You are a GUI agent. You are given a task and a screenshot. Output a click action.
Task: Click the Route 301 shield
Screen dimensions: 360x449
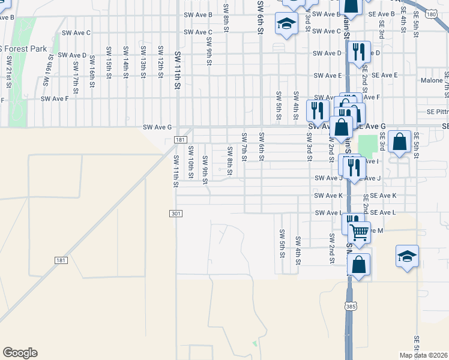[x=176, y=214]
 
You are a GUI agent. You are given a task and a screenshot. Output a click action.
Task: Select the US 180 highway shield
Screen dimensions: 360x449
[x=431, y=14]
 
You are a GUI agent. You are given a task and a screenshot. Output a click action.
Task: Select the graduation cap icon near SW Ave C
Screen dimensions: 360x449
[x=286, y=23]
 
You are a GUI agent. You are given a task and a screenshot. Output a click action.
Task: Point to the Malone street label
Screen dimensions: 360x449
[x=432, y=80]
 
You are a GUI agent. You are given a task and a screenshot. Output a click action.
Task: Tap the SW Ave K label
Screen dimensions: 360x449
[x=328, y=196]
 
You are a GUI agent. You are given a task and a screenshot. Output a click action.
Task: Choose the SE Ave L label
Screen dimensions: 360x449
[x=383, y=213]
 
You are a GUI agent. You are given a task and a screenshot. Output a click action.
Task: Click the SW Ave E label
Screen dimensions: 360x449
[x=327, y=76]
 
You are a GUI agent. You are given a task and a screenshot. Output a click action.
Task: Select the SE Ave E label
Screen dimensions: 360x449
[x=384, y=75]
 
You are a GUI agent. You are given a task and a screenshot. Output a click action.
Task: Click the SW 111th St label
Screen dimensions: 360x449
[x=176, y=170]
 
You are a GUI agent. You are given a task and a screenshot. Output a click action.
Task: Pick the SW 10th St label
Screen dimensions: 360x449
[x=190, y=161]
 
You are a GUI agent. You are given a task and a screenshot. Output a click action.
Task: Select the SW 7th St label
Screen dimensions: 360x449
[x=244, y=147]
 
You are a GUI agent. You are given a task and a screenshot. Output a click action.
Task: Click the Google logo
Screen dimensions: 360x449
[x=20, y=353]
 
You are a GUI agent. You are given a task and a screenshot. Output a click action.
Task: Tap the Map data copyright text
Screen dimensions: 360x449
[x=423, y=355]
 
